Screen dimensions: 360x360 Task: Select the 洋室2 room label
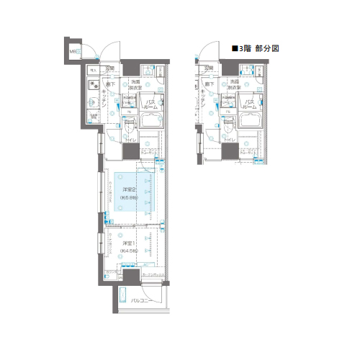coord(130,189)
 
